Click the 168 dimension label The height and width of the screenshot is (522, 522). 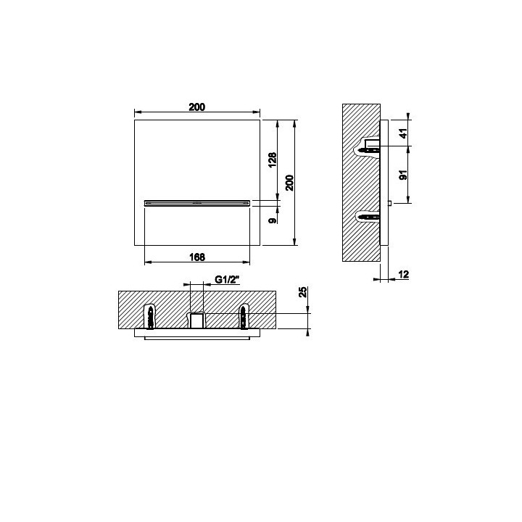pos(197,257)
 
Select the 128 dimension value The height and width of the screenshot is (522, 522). pos(273,159)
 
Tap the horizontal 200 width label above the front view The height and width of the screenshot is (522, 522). pos(197,107)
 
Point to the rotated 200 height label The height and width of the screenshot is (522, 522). pos(289,183)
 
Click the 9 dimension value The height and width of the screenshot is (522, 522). pos(273,220)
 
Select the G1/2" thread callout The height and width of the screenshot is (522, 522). pos(227,280)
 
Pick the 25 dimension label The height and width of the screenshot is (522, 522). pos(303,291)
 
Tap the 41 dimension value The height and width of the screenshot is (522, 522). pos(404,133)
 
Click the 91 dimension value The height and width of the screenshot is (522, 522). pos(404,175)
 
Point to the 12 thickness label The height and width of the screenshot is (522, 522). pos(404,275)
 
